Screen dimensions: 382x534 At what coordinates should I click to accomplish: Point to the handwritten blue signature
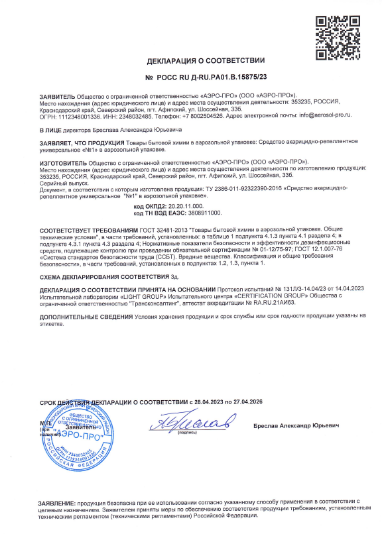pos(192,421)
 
